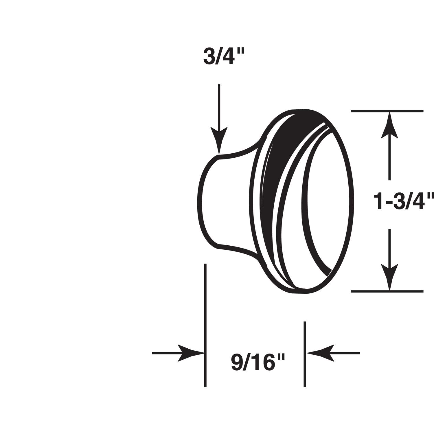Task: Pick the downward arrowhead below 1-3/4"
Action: coord(389,276)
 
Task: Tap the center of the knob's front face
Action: coord(327,200)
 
